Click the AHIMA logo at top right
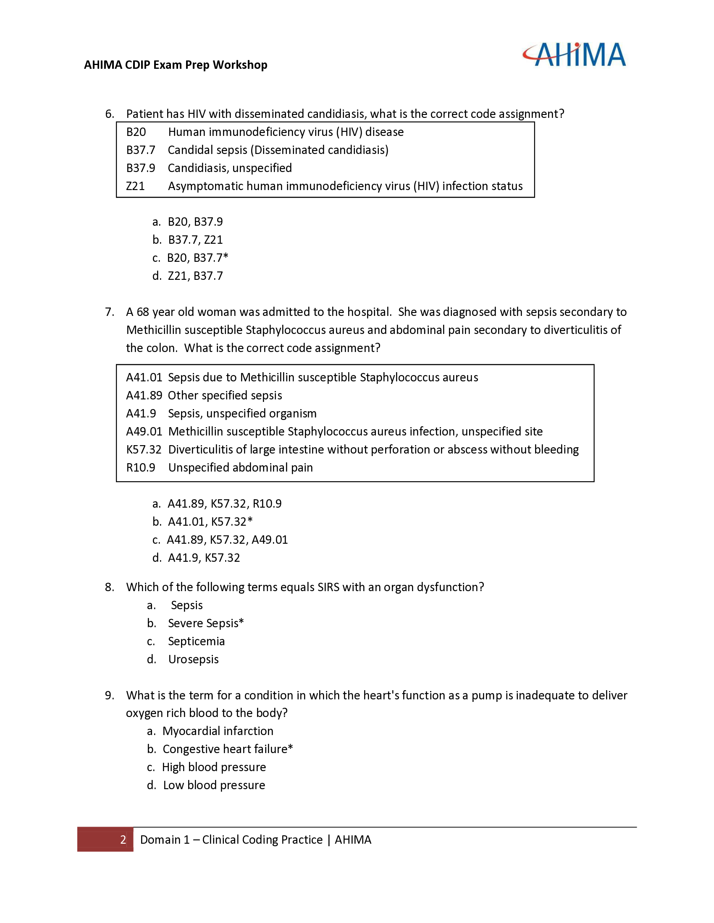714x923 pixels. (574, 55)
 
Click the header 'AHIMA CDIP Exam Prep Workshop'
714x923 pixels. (176, 65)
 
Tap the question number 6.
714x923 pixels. (110, 114)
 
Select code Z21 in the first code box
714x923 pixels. (135, 186)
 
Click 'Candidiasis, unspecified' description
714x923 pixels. (230, 168)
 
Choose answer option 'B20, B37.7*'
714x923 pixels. (197, 258)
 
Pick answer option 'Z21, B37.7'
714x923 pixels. (195, 276)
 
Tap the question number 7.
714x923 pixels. (110, 312)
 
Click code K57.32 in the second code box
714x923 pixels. (144, 450)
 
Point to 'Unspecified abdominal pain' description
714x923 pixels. (240, 468)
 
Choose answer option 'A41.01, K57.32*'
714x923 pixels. (210, 522)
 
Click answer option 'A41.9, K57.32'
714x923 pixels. (203, 558)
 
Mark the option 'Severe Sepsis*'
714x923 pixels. (205, 623)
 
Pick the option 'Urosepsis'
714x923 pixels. (193, 659)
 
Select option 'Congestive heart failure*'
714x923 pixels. (228, 749)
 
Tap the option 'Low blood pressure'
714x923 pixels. (214, 785)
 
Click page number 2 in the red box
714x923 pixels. (123, 840)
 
